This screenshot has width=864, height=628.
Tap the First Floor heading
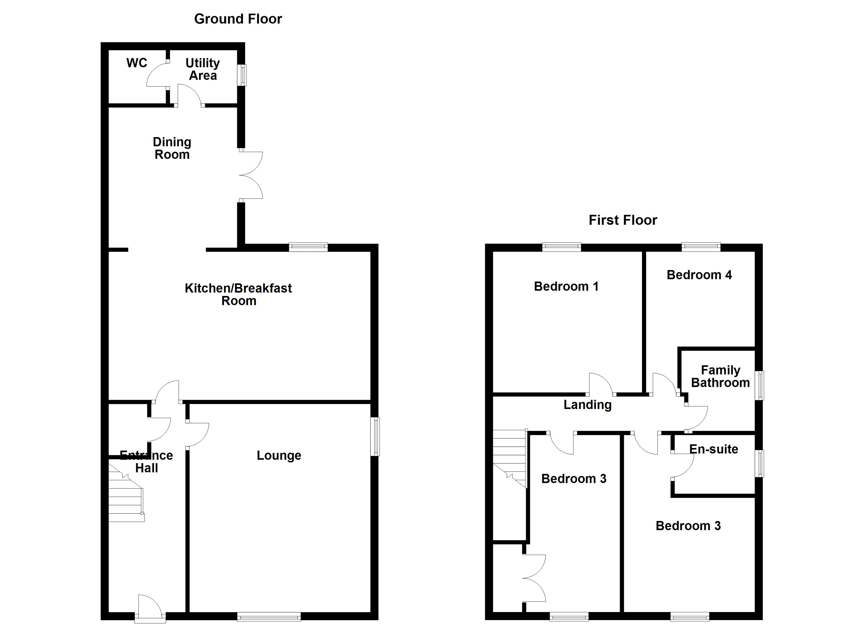pos(623,220)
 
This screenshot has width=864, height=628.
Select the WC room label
pos(137,63)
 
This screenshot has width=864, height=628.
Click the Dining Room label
pos(172,148)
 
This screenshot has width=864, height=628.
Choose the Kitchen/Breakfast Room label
pos(239,294)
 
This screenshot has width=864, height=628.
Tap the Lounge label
pos(279,456)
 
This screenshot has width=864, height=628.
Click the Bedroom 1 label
pos(566,286)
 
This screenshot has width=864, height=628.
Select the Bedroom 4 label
pos(699,275)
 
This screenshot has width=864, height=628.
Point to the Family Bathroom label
pos(720,376)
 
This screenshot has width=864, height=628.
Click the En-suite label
pos(713,449)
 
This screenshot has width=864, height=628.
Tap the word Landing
pos(588,405)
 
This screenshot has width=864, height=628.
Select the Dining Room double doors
pos(250,175)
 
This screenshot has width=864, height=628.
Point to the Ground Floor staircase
pos(126,495)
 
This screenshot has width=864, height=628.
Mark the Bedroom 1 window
pos(562,247)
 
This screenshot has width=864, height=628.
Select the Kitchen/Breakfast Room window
pos(308,247)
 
